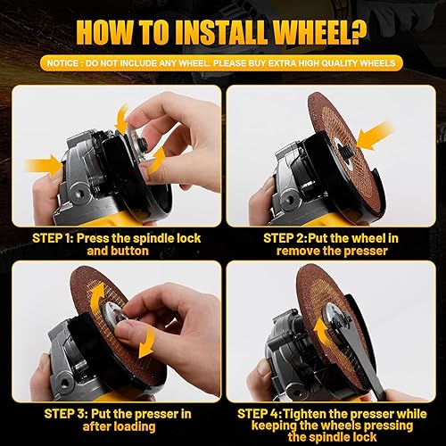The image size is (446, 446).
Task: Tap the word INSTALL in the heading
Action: tap(194, 33)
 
